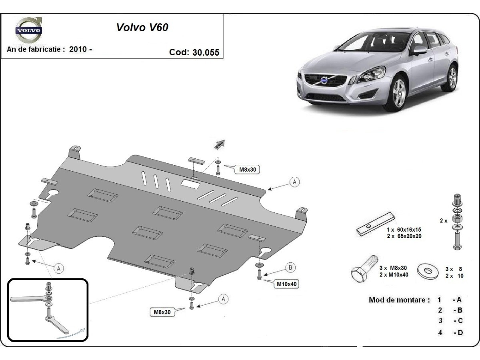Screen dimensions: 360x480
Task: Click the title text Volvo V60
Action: click(x=142, y=27)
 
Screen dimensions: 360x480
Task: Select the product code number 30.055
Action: click(x=206, y=52)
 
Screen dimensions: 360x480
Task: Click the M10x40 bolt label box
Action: click(x=286, y=284)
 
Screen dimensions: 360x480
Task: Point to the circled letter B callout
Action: click(x=290, y=267)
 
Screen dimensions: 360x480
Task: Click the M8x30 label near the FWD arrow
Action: click(x=247, y=170)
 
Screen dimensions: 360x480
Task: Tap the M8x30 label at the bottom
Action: click(x=162, y=312)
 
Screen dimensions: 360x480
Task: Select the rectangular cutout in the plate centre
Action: click(x=191, y=184)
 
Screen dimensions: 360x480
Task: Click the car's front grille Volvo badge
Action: click(x=324, y=81)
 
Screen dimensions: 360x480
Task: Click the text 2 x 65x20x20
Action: click(x=404, y=236)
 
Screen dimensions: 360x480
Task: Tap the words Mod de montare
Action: click(x=399, y=300)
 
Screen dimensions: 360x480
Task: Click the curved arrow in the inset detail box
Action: click(x=72, y=334)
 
